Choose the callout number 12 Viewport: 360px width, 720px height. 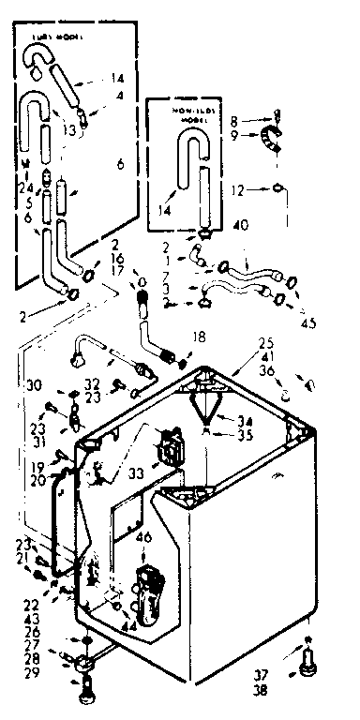click(x=240, y=190)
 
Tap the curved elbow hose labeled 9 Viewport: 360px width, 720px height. click(x=271, y=142)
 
